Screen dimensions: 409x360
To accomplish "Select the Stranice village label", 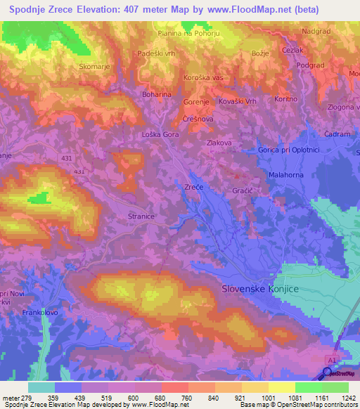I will (x=141, y=217).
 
